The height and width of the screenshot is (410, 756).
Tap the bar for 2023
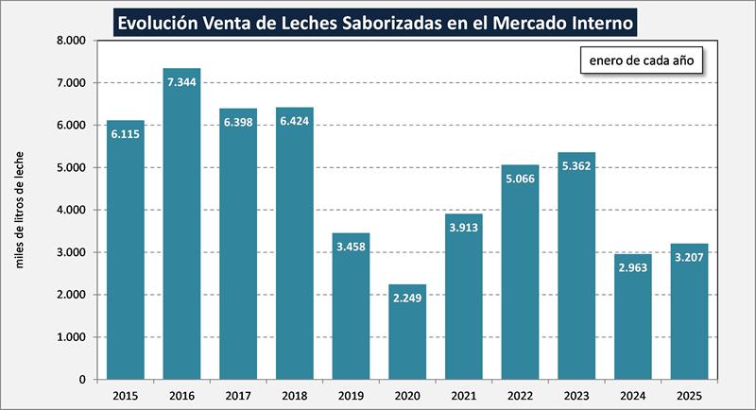point(576,265)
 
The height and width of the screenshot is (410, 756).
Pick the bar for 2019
point(351,306)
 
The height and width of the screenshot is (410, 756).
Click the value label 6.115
point(126,135)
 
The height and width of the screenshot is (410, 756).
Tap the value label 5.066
point(520,179)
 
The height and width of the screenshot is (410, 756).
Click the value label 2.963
point(632,268)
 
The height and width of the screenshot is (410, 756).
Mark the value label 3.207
point(689,258)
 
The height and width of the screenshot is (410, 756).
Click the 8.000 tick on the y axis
point(71,41)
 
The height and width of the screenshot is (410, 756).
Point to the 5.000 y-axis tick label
point(71,168)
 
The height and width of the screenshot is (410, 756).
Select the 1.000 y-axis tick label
point(71,337)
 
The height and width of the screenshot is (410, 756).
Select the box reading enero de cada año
point(642,61)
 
